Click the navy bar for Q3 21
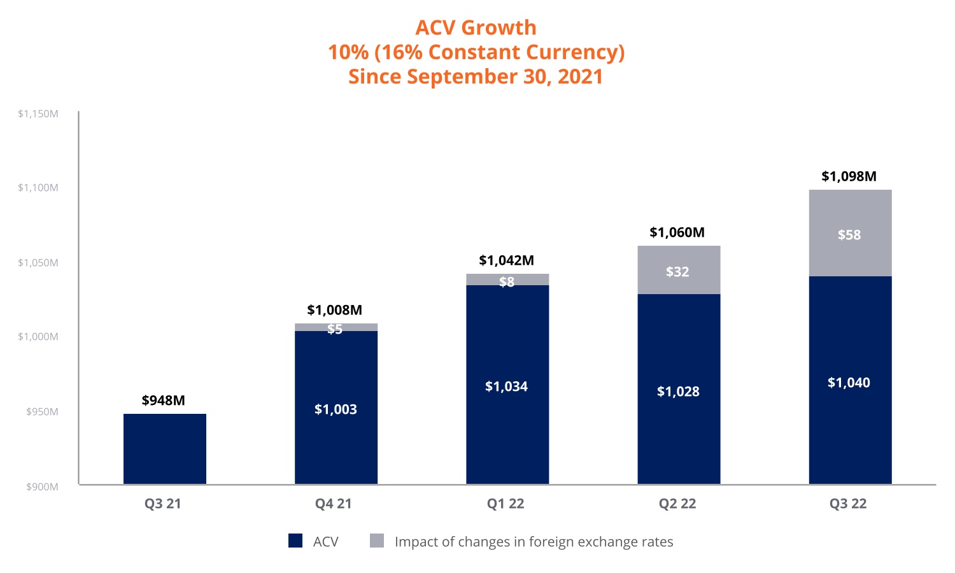[x=164, y=449]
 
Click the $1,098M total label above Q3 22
[x=849, y=176]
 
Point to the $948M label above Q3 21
[x=164, y=400]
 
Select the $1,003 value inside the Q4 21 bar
[x=336, y=409]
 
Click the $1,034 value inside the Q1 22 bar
[x=506, y=386]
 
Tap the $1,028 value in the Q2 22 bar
[x=678, y=392]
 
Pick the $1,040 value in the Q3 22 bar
[x=849, y=383]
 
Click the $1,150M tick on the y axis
[x=38, y=114]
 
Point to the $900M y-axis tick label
[x=42, y=487]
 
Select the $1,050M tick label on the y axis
[x=38, y=263]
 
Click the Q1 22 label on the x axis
[x=506, y=504]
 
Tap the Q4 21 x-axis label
[x=334, y=504]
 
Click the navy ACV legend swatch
[x=295, y=541]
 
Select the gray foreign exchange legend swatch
[x=377, y=541]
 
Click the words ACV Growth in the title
[x=476, y=28]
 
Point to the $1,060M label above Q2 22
[x=677, y=232]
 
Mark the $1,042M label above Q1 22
[x=506, y=260]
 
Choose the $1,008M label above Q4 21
[x=334, y=310]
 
